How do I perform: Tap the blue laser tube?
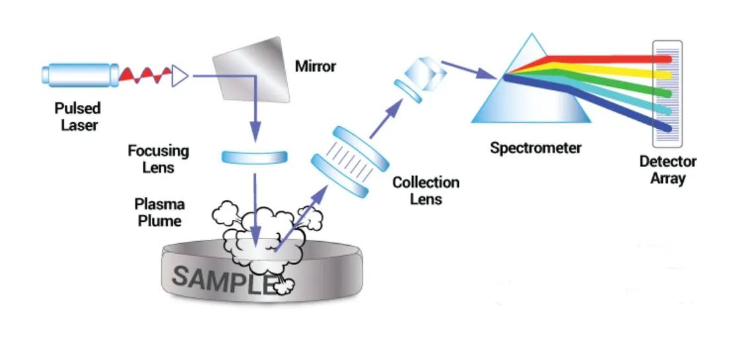click(x=76, y=74)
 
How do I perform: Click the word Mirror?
click(x=316, y=66)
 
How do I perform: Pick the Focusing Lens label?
click(x=158, y=159)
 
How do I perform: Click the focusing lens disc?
click(x=254, y=157)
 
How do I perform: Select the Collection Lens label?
click(x=425, y=190)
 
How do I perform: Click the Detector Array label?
click(x=667, y=169)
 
